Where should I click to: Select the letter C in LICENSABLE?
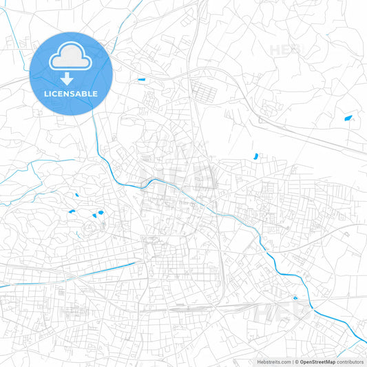coord(57,94)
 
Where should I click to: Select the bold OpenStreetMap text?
coord(318,361)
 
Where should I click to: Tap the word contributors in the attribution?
coord(350,361)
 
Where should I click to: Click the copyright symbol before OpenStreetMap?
coord(297,361)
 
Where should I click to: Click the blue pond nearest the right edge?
coord(348,118)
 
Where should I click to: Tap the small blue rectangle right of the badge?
coord(142,81)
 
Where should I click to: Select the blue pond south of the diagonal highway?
coord(256,156)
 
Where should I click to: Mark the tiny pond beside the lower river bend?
coord(295,298)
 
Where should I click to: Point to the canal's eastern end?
coord(136,262)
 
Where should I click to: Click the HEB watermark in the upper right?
coord(286,50)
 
